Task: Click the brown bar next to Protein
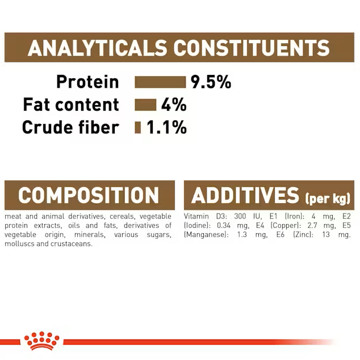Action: click(x=160, y=82)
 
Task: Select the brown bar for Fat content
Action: click(x=145, y=104)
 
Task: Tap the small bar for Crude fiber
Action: click(x=138, y=127)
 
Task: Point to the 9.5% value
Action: click(x=211, y=82)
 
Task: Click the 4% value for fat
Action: click(x=174, y=104)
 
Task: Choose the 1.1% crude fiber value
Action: click(x=167, y=127)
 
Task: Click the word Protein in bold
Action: click(x=87, y=82)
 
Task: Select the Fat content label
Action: click(x=71, y=104)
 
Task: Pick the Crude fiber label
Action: click(x=71, y=127)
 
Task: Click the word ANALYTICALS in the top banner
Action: click(x=97, y=48)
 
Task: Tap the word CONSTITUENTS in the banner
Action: click(x=252, y=48)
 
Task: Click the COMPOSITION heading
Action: click(x=89, y=195)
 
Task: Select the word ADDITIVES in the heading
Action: click(x=245, y=195)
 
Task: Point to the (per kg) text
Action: click(x=328, y=198)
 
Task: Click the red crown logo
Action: click(x=42, y=341)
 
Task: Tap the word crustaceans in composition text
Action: click(x=72, y=244)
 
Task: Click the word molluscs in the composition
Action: click(x=19, y=244)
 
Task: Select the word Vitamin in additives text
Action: click(x=196, y=216)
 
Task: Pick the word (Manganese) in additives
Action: click(x=206, y=235)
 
